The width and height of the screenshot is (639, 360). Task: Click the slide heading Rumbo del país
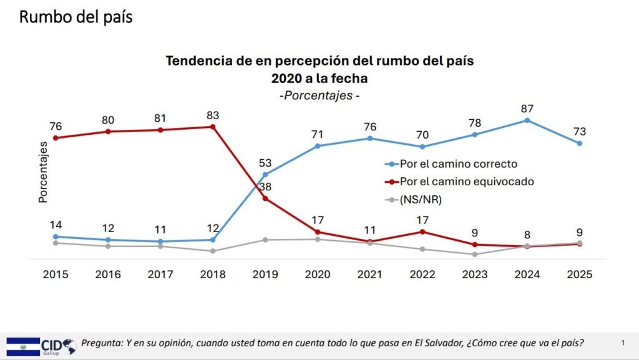[x=76, y=17]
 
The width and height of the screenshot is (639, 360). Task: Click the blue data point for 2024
[x=527, y=120]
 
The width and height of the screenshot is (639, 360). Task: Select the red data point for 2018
[x=213, y=127]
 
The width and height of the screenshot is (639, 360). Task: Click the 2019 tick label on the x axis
[x=265, y=274]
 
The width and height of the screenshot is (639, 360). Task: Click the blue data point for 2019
[x=265, y=174]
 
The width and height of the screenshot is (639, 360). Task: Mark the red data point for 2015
[x=56, y=137]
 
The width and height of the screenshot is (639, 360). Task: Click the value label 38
[x=265, y=187]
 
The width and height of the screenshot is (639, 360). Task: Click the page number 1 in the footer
[x=622, y=343]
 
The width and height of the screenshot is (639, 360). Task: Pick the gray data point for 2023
[x=475, y=254]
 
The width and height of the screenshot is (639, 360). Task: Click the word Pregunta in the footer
[x=103, y=343]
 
